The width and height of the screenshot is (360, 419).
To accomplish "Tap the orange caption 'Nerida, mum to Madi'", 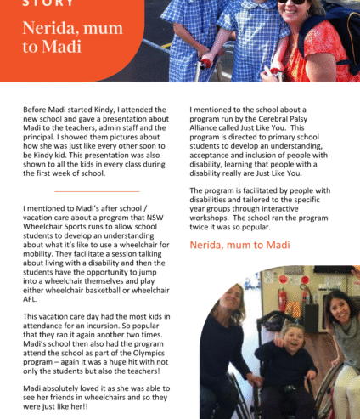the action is (240, 245).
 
